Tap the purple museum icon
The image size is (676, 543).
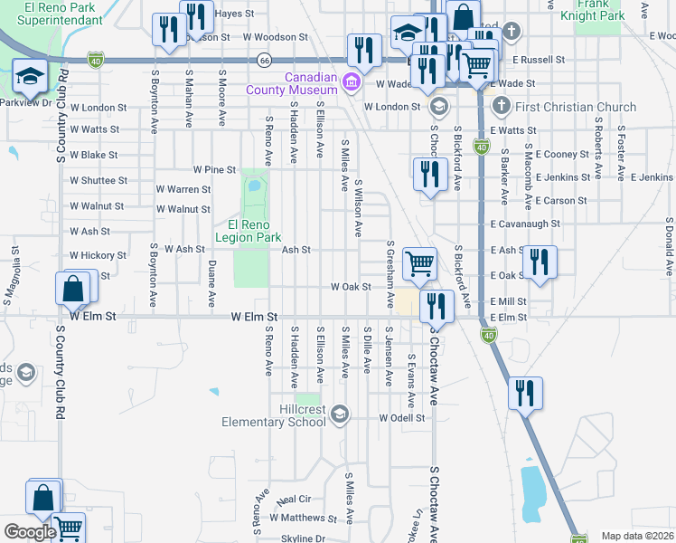(x=352, y=85)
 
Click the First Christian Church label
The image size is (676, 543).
(x=576, y=107)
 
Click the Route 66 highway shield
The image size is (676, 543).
(x=264, y=60)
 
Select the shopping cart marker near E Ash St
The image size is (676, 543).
(x=419, y=264)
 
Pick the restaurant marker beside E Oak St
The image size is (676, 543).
(x=540, y=262)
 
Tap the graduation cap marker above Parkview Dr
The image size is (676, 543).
(x=30, y=78)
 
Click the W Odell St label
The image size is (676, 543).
(x=402, y=417)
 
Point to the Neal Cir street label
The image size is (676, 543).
(x=295, y=499)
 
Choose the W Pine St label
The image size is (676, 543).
(x=214, y=169)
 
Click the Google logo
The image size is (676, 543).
(x=30, y=531)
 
